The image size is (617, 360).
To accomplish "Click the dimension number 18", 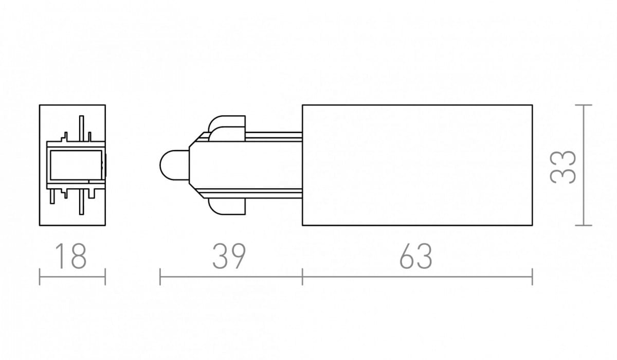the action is coord(71,256).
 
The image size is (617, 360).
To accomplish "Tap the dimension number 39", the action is coord(229,256).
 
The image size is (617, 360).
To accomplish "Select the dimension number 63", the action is coord(415,256).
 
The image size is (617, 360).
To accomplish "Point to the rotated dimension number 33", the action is coord(562,167).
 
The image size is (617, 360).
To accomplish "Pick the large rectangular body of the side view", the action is coord(418,165).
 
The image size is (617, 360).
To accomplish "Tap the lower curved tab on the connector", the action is coord(227,207).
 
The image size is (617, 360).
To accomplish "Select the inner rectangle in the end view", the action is coord(76,165).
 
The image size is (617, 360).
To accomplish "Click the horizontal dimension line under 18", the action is coord(72,277).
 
